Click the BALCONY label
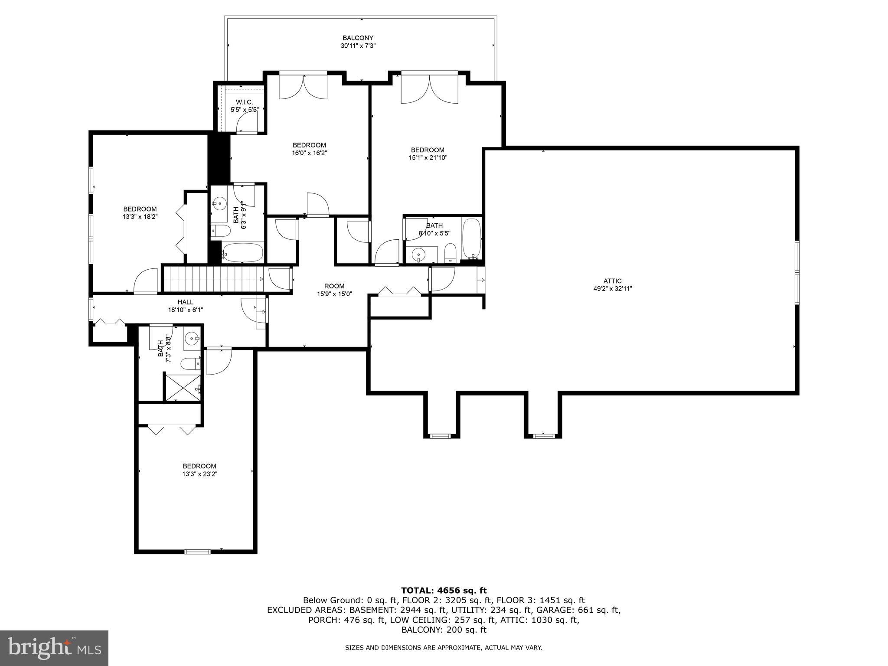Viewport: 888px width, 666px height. (x=358, y=38)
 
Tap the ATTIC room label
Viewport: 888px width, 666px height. (x=612, y=281)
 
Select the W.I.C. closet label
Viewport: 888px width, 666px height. (x=244, y=102)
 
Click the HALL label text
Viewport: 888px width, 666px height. (x=185, y=302)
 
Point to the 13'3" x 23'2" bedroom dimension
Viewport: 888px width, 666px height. (x=199, y=474)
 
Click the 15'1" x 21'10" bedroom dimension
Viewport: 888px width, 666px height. (x=428, y=158)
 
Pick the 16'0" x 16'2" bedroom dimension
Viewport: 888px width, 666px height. (x=309, y=153)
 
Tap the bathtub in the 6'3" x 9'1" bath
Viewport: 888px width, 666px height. (x=243, y=252)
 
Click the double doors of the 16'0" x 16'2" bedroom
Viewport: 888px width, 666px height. (x=303, y=87)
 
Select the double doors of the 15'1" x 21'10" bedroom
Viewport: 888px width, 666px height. (x=429, y=89)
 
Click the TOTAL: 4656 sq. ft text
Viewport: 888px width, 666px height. (x=444, y=590)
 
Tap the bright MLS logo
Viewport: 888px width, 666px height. (x=54, y=648)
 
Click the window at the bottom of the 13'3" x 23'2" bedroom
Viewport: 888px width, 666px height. (x=197, y=552)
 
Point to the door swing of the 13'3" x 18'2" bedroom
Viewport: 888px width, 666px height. (x=146, y=281)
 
